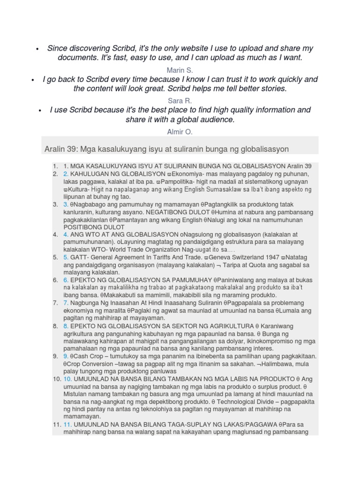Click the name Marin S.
pyautogui.click(x=180, y=70)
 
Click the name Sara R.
pyautogui.click(x=180, y=100)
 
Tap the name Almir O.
pyautogui.click(x=180, y=132)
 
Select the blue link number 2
pyautogui.click(x=66, y=174)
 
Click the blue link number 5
pyautogui.click(x=66, y=257)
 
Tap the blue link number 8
pyautogui.click(x=66, y=326)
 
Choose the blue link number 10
pyautogui.click(x=68, y=379)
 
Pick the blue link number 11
pyautogui.click(x=68, y=425)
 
